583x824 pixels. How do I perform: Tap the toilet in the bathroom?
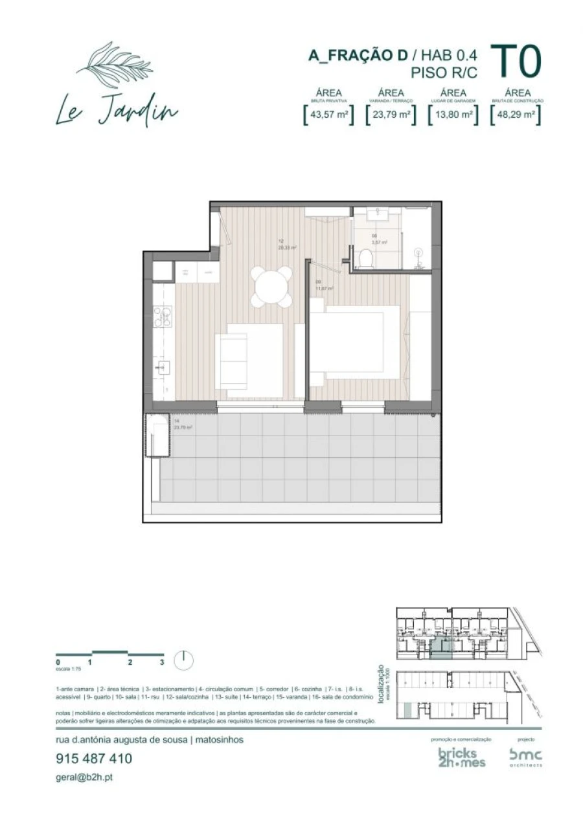click(365, 258)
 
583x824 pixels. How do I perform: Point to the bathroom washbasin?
click(375, 216)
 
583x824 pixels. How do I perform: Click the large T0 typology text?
click(516, 62)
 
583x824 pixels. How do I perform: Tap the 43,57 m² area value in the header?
click(329, 115)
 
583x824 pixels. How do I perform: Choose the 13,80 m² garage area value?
click(453, 115)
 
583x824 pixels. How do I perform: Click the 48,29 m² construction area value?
click(516, 115)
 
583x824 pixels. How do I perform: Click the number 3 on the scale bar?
click(162, 662)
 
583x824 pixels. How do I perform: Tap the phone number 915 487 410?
click(94, 759)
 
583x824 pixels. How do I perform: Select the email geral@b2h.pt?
click(84, 777)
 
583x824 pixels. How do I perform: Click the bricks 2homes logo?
click(461, 757)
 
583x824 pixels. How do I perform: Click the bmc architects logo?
click(525, 756)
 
